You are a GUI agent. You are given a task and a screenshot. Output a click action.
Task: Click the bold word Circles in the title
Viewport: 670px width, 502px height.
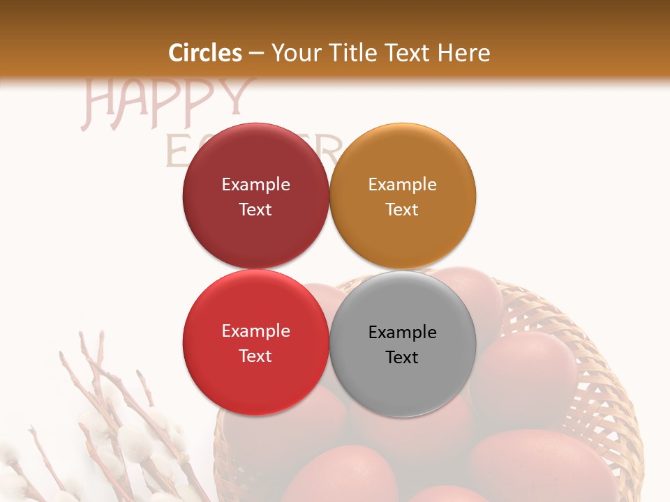tap(205, 53)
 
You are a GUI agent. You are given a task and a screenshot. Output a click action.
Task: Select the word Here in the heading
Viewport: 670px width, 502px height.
tap(465, 53)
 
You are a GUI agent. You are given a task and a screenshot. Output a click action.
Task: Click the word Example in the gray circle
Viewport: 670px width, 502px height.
tap(402, 332)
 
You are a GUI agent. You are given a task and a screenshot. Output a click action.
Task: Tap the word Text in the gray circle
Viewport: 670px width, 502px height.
tap(402, 357)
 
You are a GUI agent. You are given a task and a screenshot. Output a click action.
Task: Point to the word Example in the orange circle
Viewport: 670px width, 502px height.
tap(402, 184)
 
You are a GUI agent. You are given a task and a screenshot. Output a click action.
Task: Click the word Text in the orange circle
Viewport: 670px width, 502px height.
tap(402, 209)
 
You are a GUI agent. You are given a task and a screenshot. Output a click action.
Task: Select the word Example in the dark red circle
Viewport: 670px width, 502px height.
tap(255, 184)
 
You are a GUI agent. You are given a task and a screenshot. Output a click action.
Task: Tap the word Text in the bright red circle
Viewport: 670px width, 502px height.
tap(255, 356)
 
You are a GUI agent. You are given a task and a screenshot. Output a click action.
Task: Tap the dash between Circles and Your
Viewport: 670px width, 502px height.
tap(256, 53)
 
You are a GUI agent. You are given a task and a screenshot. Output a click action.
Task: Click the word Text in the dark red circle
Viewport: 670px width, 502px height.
tap(255, 209)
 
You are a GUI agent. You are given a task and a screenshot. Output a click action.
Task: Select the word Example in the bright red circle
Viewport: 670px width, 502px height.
tap(255, 330)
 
